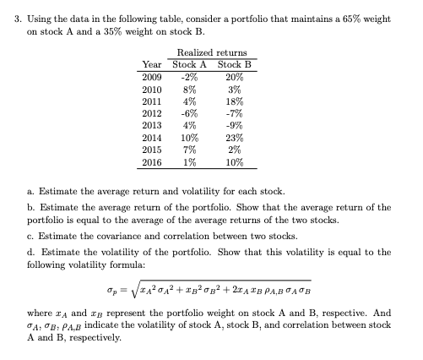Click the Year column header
pyautogui.click(x=153, y=64)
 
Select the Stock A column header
pyautogui.click(x=190, y=64)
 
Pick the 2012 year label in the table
pyautogui.click(x=153, y=112)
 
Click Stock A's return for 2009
pyautogui.click(x=189, y=76)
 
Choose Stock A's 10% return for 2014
pyautogui.click(x=190, y=136)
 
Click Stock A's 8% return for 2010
pyautogui.click(x=190, y=88)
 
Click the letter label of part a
pyautogui.click(x=30, y=191)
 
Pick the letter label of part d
pyautogui.click(x=30, y=251)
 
